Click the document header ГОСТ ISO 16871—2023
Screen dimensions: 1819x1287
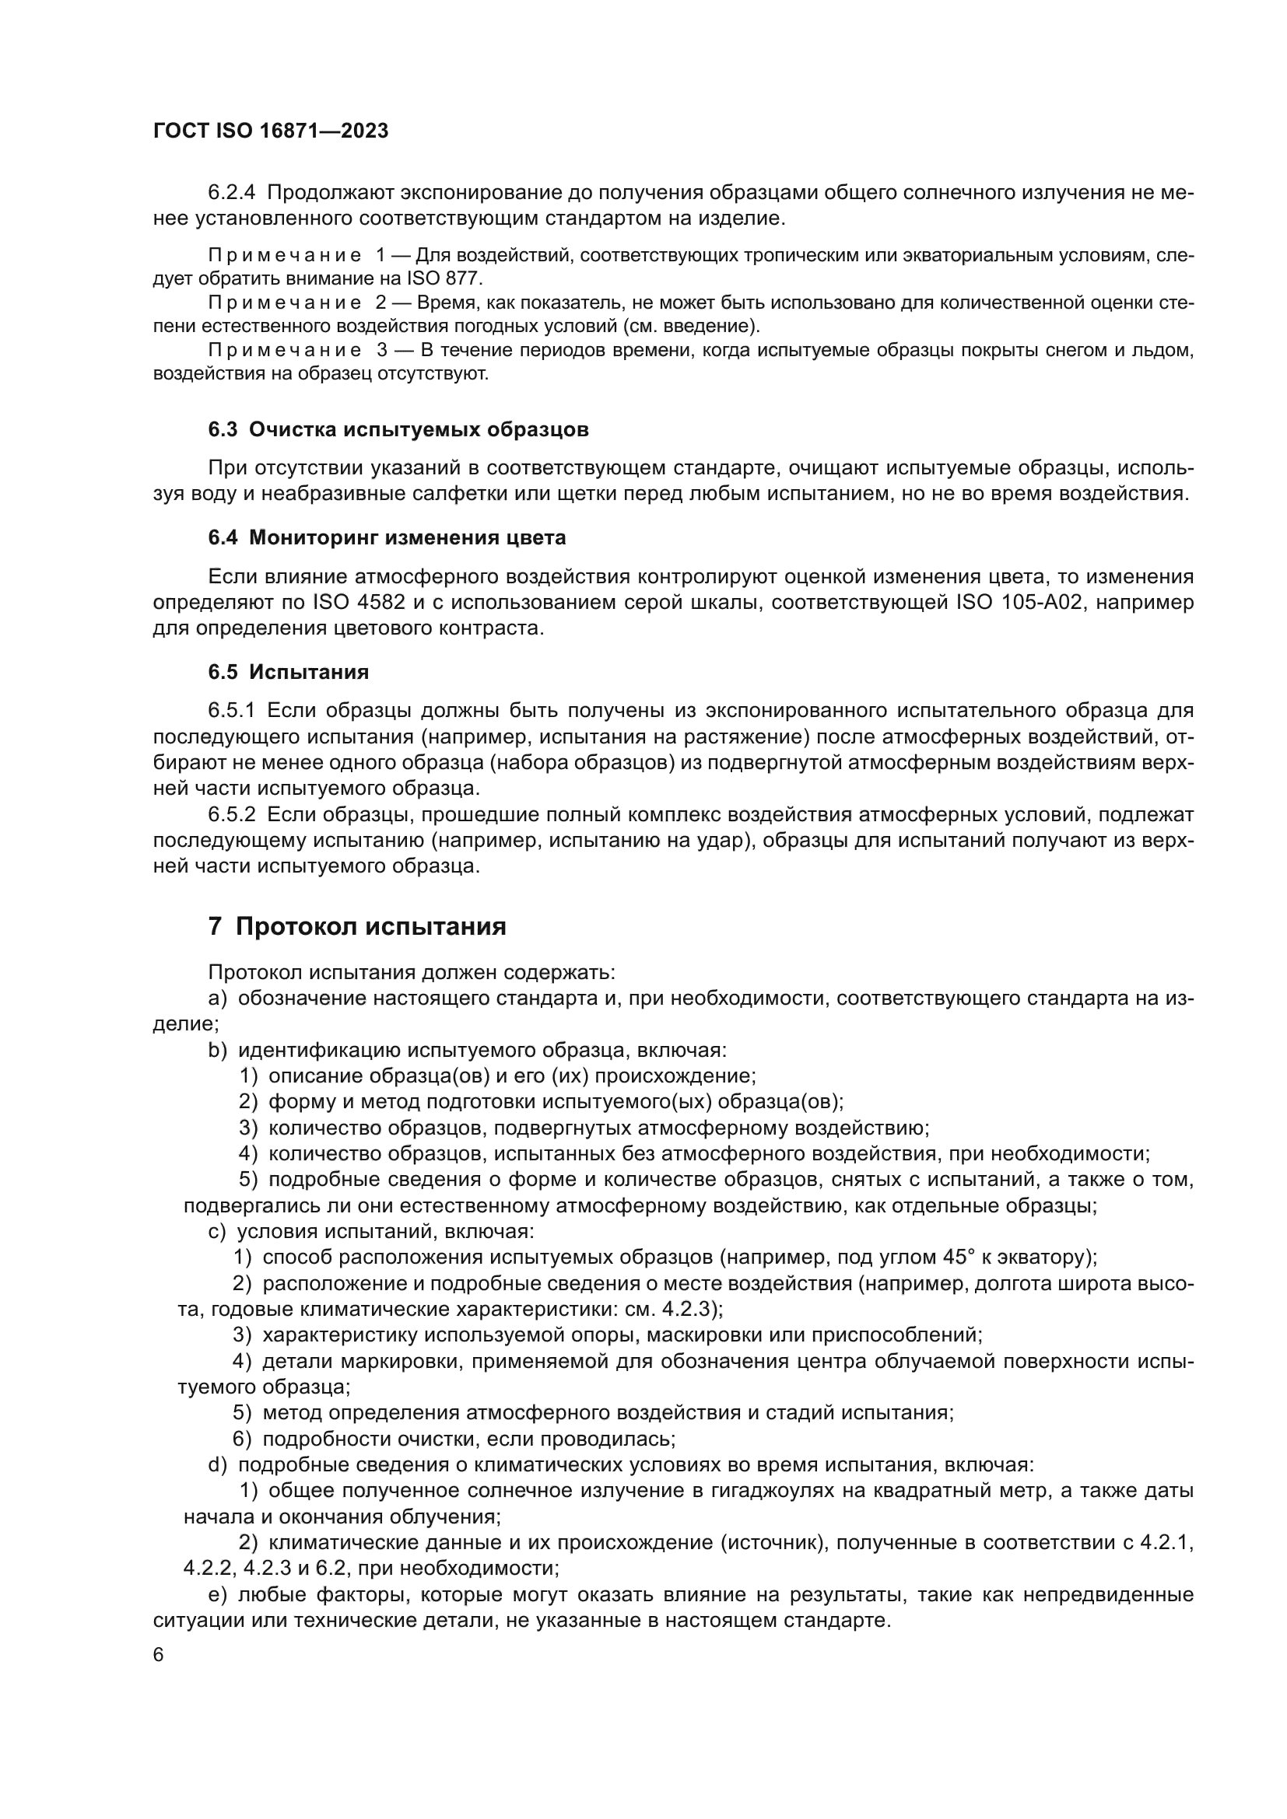[x=270, y=131]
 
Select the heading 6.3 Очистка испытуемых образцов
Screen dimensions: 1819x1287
[x=398, y=429]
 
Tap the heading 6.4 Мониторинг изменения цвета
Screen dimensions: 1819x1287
[x=387, y=537]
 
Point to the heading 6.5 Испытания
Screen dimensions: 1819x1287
[x=289, y=672]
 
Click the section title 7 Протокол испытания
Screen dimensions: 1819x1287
[x=356, y=926]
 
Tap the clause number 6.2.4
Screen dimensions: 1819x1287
[x=232, y=193]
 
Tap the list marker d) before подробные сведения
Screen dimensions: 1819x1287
[x=217, y=1465]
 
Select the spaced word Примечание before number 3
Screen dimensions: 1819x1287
[x=285, y=350]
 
